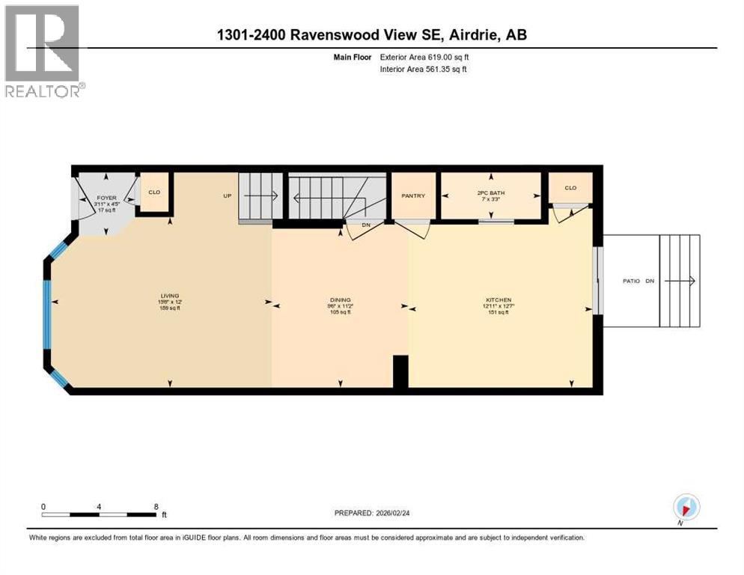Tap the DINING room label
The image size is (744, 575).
pyautogui.click(x=341, y=299)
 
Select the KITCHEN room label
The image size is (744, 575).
pyautogui.click(x=498, y=299)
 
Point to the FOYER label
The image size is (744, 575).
pyautogui.click(x=108, y=198)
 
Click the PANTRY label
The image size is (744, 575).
pyautogui.click(x=413, y=196)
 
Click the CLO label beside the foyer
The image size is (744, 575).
pyautogui.click(x=155, y=192)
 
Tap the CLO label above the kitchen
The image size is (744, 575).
pyautogui.click(x=570, y=188)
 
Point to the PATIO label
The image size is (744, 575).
pyautogui.click(x=631, y=281)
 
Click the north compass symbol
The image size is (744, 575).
pyautogui.click(x=686, y=507)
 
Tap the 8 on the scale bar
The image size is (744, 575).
pyautogui.click(x=156, y=506)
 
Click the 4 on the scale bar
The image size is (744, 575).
pyautogui.click(x=100, y=506)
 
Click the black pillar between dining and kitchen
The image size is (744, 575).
pyautogui.click(x=400, y=372)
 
